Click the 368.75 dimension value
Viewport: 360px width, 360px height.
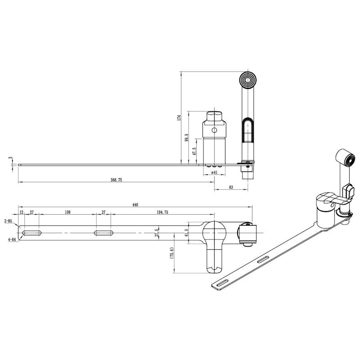point(117,180)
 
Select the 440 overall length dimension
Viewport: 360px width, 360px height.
point(135,205)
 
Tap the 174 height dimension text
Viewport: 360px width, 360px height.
point(179,117)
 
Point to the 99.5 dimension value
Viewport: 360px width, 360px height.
point(186,138)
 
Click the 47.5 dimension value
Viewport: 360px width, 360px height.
point(194,152)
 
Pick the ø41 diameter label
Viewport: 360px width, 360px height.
point(214,172)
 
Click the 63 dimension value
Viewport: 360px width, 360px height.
point(231,187)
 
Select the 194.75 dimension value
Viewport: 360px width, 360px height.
point(162,212)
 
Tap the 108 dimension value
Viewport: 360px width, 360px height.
point(67,212)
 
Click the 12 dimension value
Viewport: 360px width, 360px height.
point(21,212)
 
